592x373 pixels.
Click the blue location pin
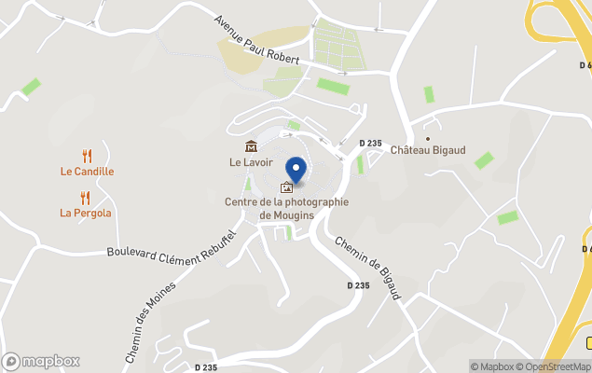pyautogui.click(x=296, y=171)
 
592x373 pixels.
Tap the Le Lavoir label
pyautogui.click(x=250, y=161)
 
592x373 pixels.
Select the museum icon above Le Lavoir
pyautogui.click(x=250, y=146)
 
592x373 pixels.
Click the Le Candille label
pyautogui.click(x=87, y=172)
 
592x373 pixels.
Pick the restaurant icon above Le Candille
pyautogui.click(x=87, y=156)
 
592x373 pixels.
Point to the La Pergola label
pyautogui.click(x=86, y=213)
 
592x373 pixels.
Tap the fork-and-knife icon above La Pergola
pyautogui.click(x=86, y=198)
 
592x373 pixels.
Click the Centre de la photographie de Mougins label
pyautogui.click(x=286, y=208)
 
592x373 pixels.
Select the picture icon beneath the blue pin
pyautogui.click(x=286, y=187)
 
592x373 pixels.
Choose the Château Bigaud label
pyautogui.click(x=428, y=150)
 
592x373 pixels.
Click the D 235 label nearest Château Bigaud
pyautogui.click(x=371, y=143)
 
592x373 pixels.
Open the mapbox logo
pyautogui.click(x=41, y=361)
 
